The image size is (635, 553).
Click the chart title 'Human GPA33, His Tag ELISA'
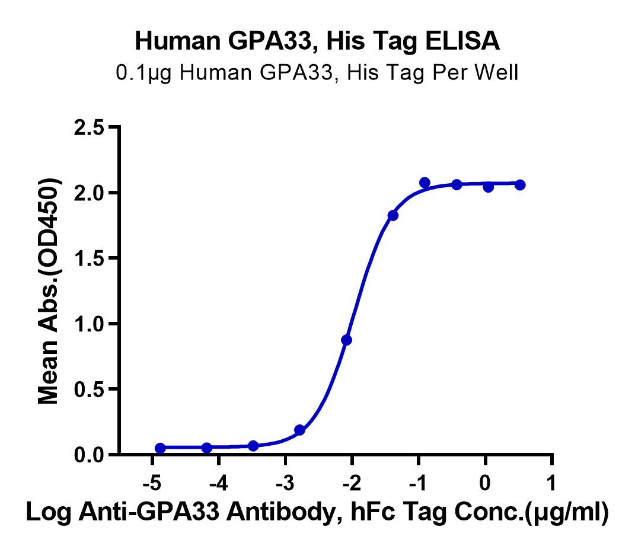coord(317,41)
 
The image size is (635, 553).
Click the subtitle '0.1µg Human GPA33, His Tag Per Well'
coord(317,73)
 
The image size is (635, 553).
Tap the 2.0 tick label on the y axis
coord(90,193)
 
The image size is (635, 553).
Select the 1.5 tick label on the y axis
coord(90,258)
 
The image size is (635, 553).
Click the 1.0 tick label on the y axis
coord(90,324)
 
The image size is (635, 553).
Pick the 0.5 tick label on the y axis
coord(90,389)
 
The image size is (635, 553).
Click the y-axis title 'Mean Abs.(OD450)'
coord(49,291)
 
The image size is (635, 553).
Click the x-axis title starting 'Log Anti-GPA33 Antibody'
coord(317,513)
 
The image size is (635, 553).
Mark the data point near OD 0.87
coord(346,340)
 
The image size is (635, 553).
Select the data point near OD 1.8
coord(393,215)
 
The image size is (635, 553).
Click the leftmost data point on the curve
coord(160,447)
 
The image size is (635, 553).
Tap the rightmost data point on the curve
coord(520,185)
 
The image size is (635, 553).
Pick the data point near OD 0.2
coord(299,430)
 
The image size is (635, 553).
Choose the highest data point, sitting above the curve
coord(425,183)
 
